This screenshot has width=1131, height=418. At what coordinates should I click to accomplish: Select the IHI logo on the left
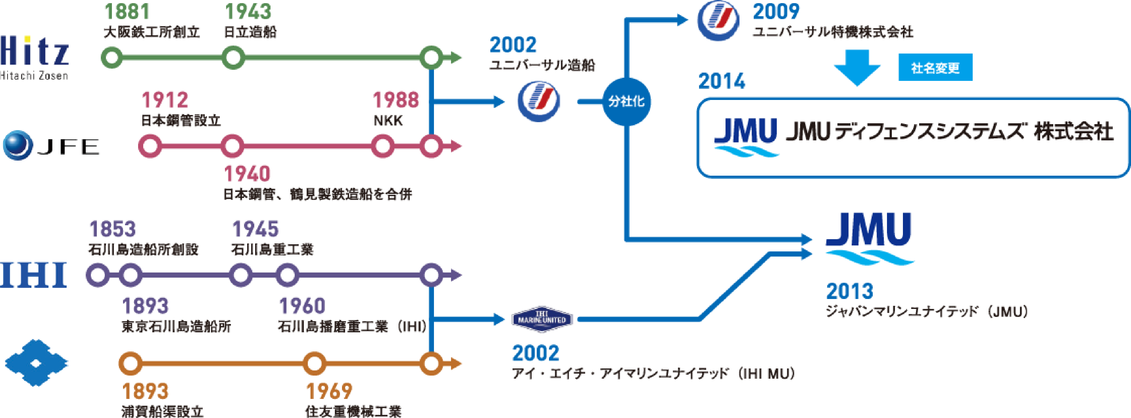pos(33,274)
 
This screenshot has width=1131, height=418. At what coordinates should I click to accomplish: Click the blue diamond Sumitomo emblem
pos(36,363)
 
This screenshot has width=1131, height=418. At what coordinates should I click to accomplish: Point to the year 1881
pos(127,12)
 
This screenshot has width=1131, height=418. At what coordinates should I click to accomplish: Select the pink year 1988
pos(396,100)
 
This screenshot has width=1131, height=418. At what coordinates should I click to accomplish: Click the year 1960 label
pos(302,306)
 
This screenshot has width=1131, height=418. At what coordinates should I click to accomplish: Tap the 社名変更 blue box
pos(935,67)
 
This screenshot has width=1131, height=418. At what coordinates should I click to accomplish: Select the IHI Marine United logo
pos(542,319)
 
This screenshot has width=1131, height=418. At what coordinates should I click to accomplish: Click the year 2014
pos(722,82)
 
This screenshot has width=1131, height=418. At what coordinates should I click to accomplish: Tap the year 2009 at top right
pos(776,12)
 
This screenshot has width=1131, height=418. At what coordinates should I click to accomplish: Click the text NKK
pos(388,120)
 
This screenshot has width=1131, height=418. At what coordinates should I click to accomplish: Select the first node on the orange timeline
pos(130,364)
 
